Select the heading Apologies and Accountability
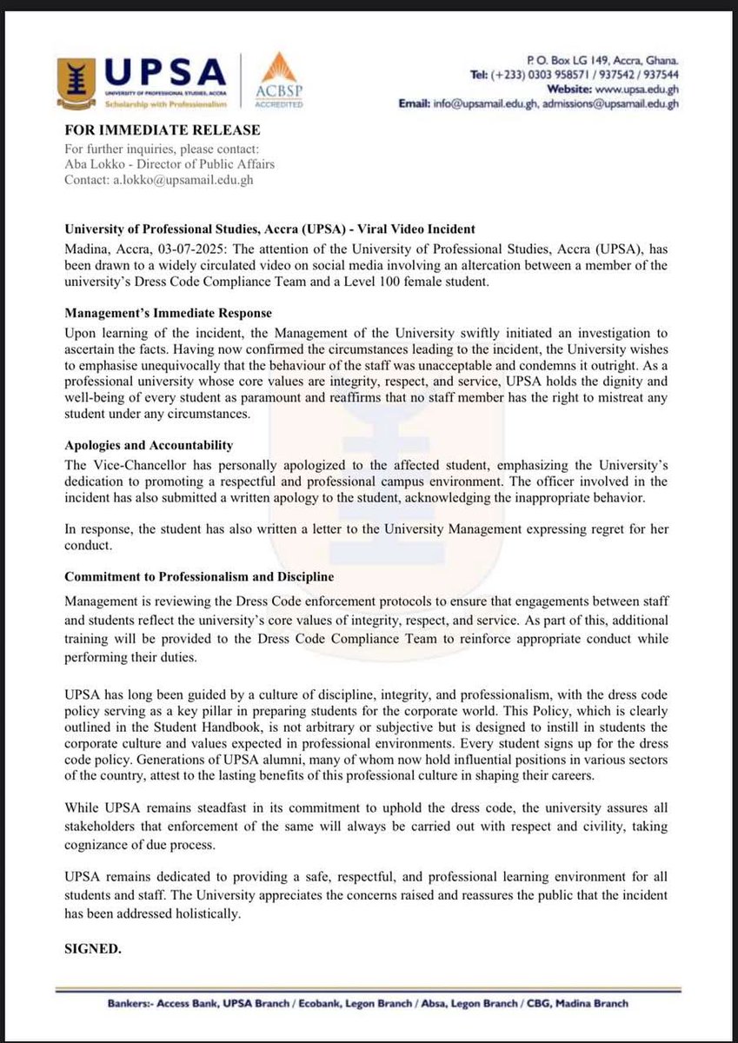[x=149, y=445]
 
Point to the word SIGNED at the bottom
[x=93, y=949]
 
